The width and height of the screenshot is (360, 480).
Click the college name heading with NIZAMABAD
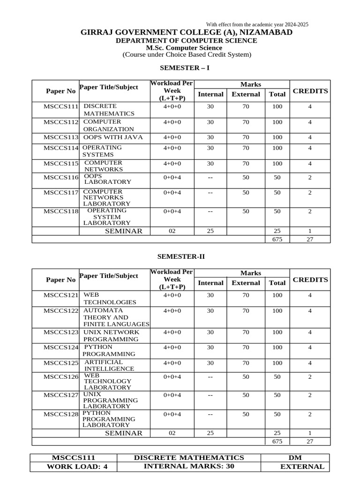[187, 32]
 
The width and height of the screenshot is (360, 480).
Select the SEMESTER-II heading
[181, 256]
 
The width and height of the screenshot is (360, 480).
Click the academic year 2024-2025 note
[257, 24]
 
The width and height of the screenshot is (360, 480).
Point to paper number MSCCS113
[61, 138]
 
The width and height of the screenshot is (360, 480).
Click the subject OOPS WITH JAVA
[113, 137]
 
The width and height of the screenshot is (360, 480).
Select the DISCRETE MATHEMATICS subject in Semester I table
[109, 110]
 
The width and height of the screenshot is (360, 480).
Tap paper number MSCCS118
[61, 211]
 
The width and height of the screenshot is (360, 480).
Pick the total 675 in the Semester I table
[277, 239]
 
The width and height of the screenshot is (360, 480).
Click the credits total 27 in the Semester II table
[309, 442]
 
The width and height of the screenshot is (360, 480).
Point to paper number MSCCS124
[61, 348]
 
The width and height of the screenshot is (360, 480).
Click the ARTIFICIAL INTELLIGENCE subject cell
[109, 365]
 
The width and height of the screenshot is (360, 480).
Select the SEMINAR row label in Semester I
[123, 231]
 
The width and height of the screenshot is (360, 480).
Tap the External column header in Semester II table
[246, 283]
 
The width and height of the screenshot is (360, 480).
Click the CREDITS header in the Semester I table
[310, 91]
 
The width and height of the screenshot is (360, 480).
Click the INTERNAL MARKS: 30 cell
[188, 466]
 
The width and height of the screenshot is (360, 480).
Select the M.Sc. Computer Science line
[184, 48]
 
